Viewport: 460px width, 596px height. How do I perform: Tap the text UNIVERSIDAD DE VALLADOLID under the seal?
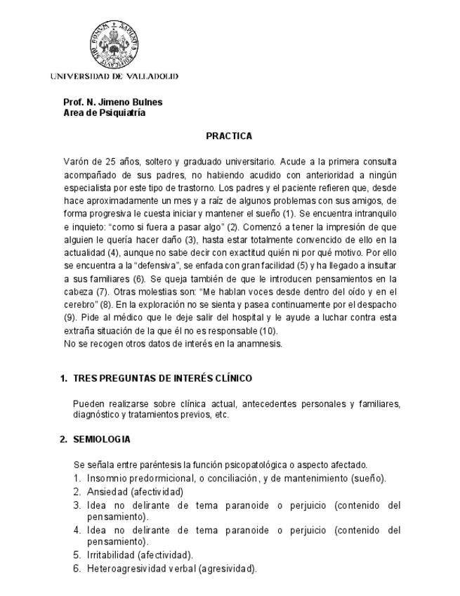pos(114,76)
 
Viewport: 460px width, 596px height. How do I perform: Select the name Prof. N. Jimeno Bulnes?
pos(112,102)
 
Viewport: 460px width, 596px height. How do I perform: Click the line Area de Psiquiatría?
pos(104,112)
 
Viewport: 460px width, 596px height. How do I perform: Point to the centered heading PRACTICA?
pos(229,136)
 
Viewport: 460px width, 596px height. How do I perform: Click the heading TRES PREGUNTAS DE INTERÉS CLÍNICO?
pos(162,378)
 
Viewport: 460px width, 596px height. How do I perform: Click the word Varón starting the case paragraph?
pos(76,161)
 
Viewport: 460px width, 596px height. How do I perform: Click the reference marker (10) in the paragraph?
pos(268,331)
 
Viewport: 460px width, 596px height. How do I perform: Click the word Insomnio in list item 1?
pos(106,478)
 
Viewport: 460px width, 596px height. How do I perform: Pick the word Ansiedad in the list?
pos(107,491)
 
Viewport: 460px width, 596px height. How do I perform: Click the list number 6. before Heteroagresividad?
pos(77,568)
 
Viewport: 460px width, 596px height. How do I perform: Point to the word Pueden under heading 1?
pos(88,404)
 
